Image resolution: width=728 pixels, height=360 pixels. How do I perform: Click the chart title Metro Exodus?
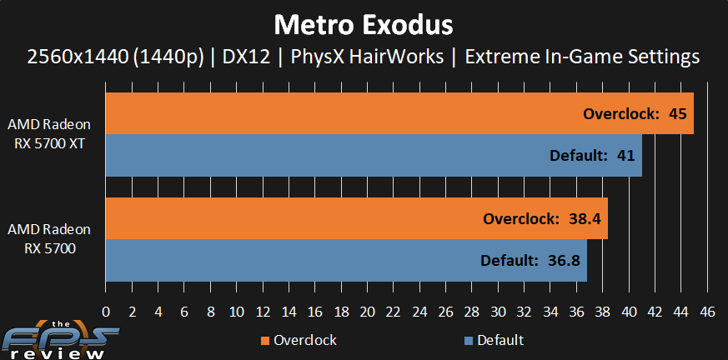(x=364, y=26)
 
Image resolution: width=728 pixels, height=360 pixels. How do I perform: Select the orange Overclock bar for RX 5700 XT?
(x=399, y=113)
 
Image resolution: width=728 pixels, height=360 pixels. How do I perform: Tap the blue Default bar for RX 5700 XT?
(x=374, y=155)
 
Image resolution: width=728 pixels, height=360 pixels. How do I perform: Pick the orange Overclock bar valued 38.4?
(x=357, y=218)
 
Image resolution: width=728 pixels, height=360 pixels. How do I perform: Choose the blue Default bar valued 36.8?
(x=346, y=260)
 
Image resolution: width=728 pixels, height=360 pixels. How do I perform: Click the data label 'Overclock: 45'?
(x=635, y=113)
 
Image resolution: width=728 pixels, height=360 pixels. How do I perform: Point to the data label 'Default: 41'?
(x=592, y=155)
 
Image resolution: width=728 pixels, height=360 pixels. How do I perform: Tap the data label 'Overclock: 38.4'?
(x=542, y=218)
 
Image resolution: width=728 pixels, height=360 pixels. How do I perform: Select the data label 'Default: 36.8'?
(x=530, y=261)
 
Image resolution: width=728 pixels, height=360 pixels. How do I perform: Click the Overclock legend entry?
(x=299, y=340)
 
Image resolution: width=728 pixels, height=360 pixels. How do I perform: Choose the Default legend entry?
(x=494, y=340)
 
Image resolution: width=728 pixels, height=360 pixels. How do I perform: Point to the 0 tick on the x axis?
(x=106, y=312)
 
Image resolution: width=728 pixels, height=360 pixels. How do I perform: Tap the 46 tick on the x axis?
(x=708, y=312)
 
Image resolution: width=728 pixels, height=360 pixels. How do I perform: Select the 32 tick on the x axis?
(x=525, y=312)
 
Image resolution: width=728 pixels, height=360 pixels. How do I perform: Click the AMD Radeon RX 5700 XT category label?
(x=49, y=134)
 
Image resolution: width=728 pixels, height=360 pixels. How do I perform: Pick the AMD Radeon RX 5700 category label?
(x=49, y=239)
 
